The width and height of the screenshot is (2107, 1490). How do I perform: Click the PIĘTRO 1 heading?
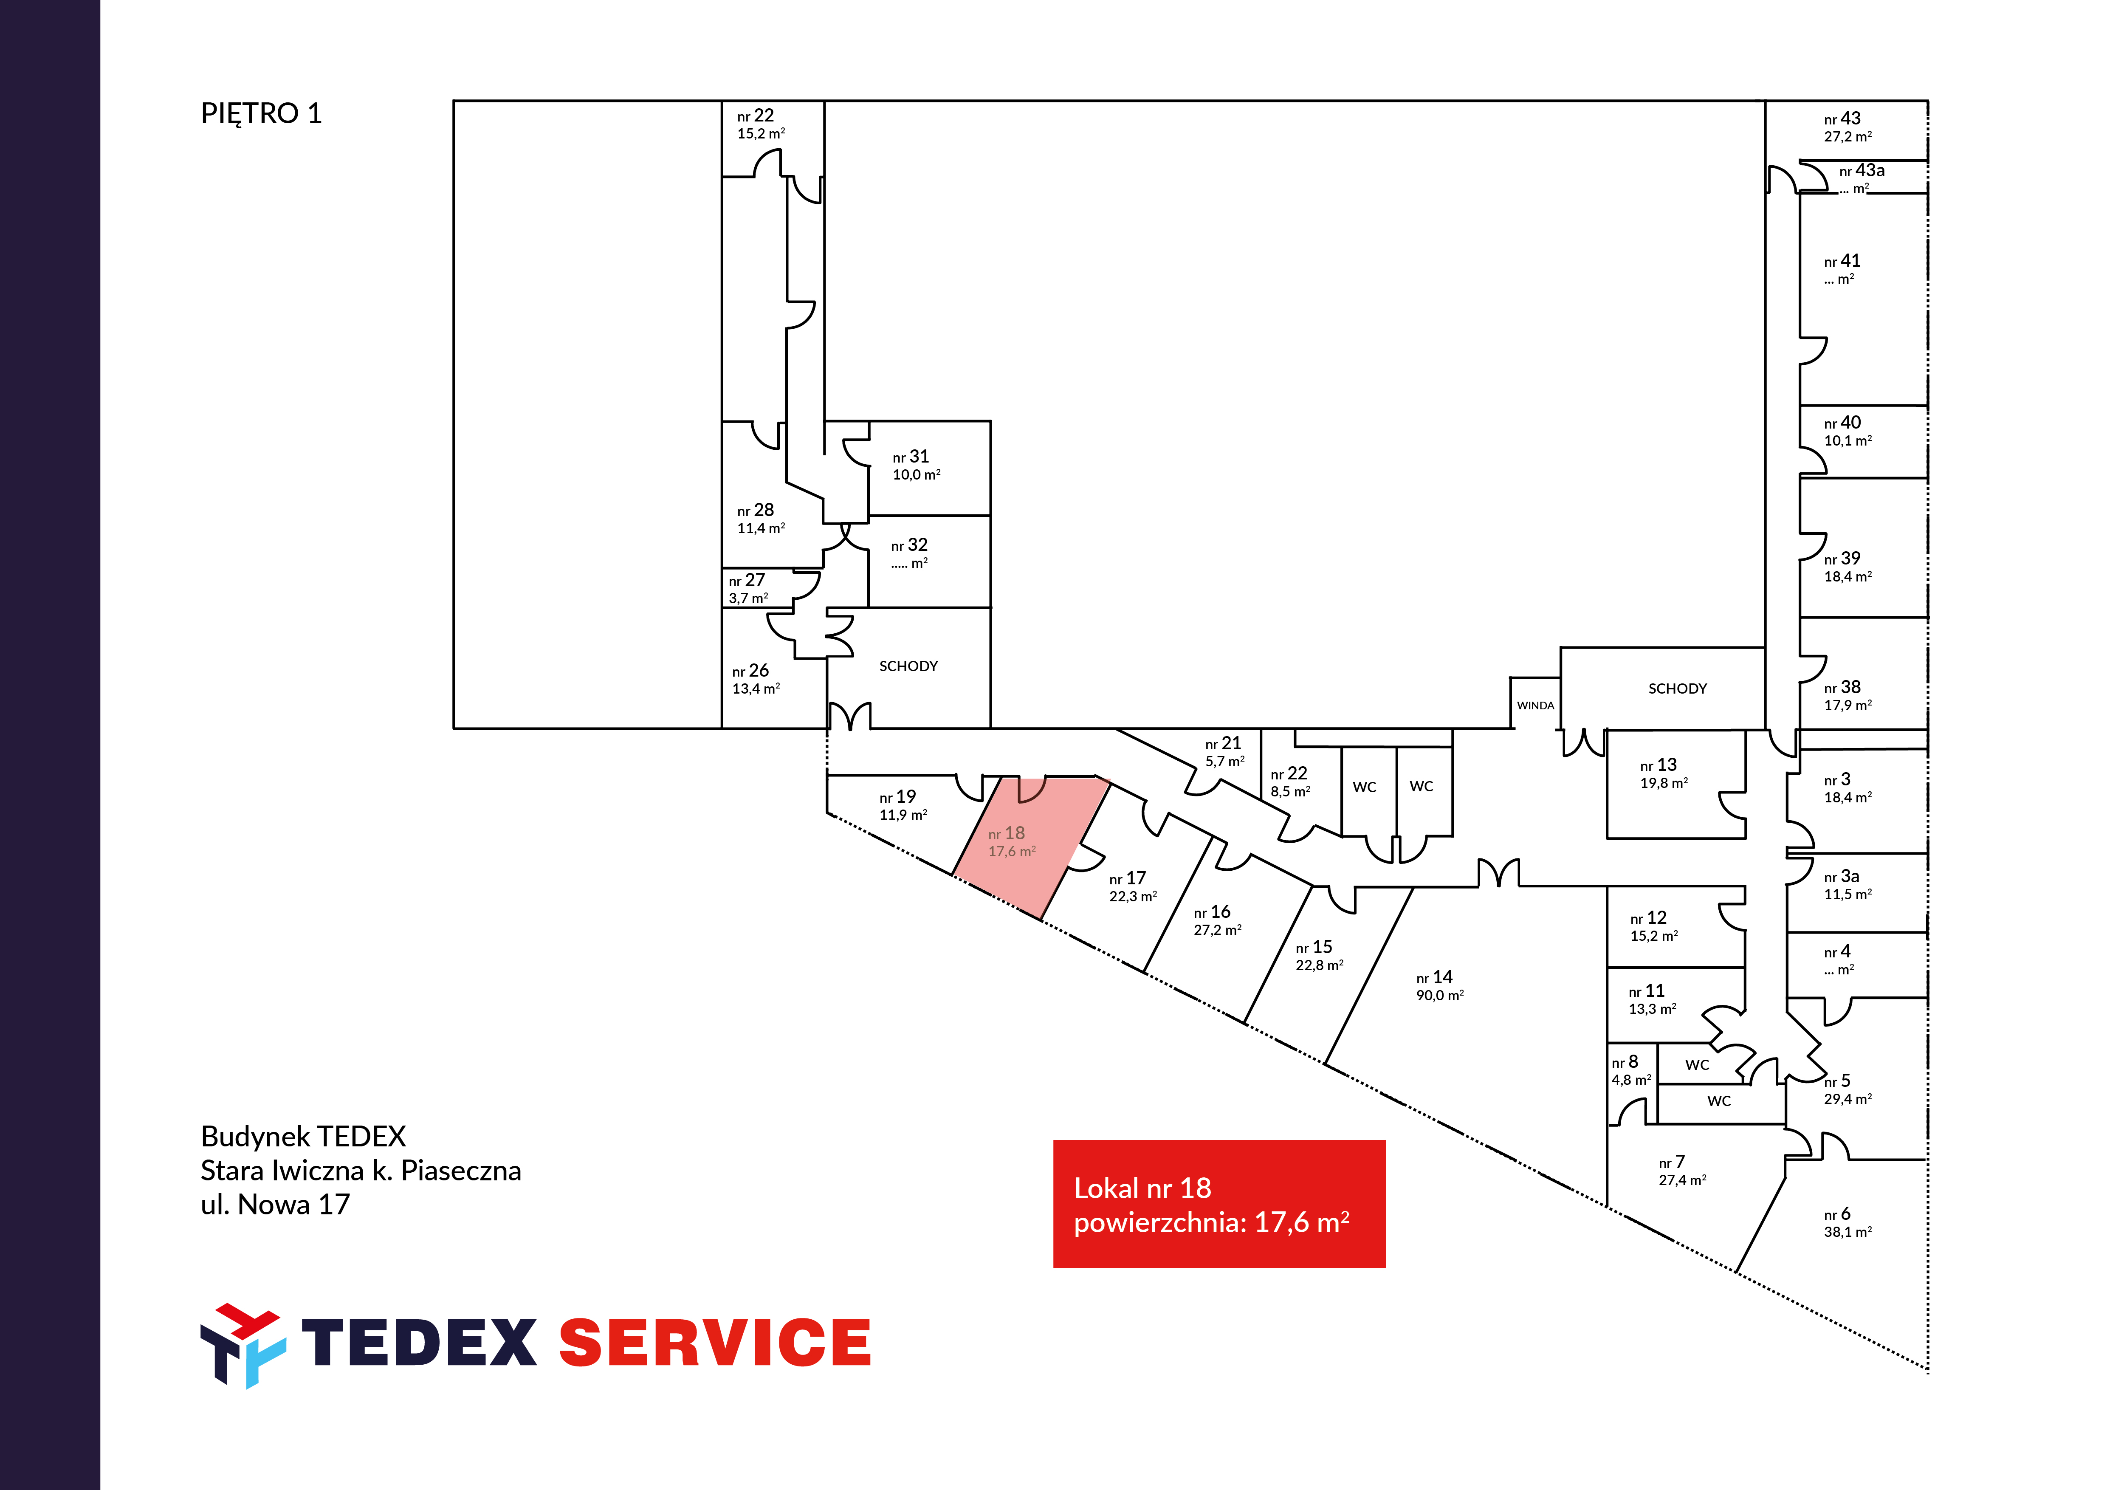point(262,114)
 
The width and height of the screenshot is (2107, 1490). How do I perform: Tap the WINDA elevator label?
point(1535,705)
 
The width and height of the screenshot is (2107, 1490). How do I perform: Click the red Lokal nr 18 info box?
point(1219,1204)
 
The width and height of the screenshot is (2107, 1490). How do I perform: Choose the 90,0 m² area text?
point(1440,996)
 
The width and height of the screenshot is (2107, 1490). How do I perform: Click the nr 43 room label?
point(1842,119)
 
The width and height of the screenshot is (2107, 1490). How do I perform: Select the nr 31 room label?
point(910,457)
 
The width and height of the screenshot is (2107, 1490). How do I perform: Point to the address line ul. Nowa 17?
point(275,1205)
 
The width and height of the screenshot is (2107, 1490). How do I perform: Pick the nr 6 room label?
point(1837,1214)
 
